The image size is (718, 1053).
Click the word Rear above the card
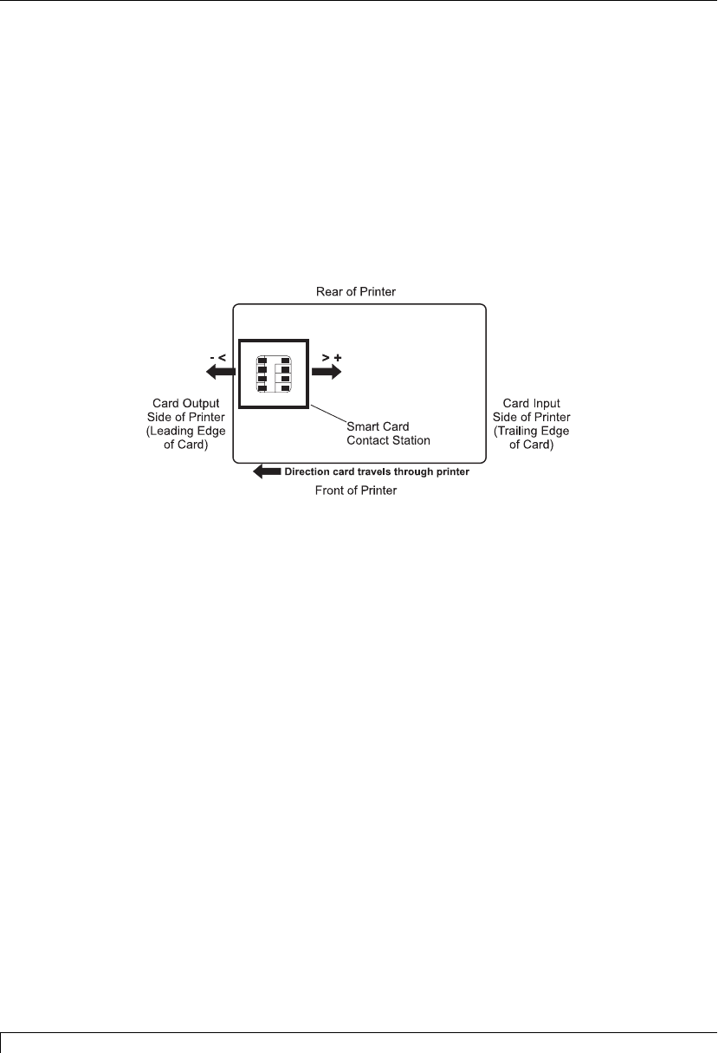329,292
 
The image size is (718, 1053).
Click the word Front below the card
329,491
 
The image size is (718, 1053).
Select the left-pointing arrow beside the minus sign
218,371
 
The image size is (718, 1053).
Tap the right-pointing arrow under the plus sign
327,371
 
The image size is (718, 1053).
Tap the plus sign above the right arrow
338,356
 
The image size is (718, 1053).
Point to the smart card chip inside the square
273,373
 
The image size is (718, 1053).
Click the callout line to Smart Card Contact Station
327,413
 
